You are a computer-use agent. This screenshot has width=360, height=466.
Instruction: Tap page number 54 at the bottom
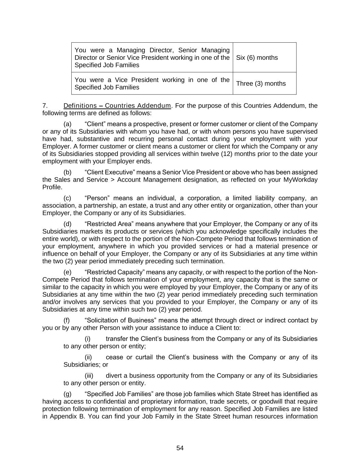180,448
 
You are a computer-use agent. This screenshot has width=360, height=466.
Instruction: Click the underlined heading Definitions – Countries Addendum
117,105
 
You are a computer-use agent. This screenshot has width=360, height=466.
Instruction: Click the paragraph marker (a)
68,124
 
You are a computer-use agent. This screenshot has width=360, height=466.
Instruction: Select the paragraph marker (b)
68,172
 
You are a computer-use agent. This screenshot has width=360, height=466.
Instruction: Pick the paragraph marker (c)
68,198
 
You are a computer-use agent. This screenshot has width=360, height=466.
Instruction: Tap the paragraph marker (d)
68,224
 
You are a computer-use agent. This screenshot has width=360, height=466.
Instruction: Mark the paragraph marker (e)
68,272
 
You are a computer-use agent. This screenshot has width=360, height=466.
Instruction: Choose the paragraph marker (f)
67,321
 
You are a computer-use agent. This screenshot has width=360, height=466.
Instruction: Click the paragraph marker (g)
68,394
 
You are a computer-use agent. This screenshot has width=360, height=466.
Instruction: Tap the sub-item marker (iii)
89,376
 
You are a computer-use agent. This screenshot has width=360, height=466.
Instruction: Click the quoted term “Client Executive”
110,172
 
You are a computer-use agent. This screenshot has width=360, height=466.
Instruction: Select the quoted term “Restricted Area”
109,224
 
